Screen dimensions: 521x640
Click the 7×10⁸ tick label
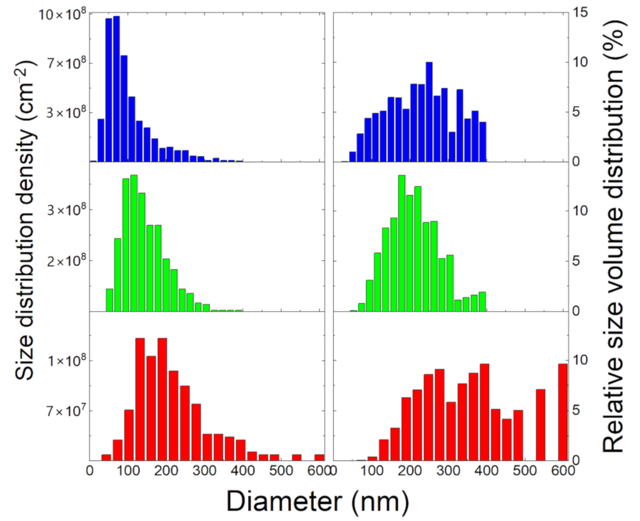point(66,63)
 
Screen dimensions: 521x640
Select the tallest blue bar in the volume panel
point(429,112)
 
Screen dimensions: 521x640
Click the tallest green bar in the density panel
point(134,243)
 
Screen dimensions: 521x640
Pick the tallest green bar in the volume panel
point(402,243)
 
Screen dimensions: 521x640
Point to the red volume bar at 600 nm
point(563,412)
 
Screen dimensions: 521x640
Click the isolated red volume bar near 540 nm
point(540,424)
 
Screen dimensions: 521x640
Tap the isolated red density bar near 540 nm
point(297,457)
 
